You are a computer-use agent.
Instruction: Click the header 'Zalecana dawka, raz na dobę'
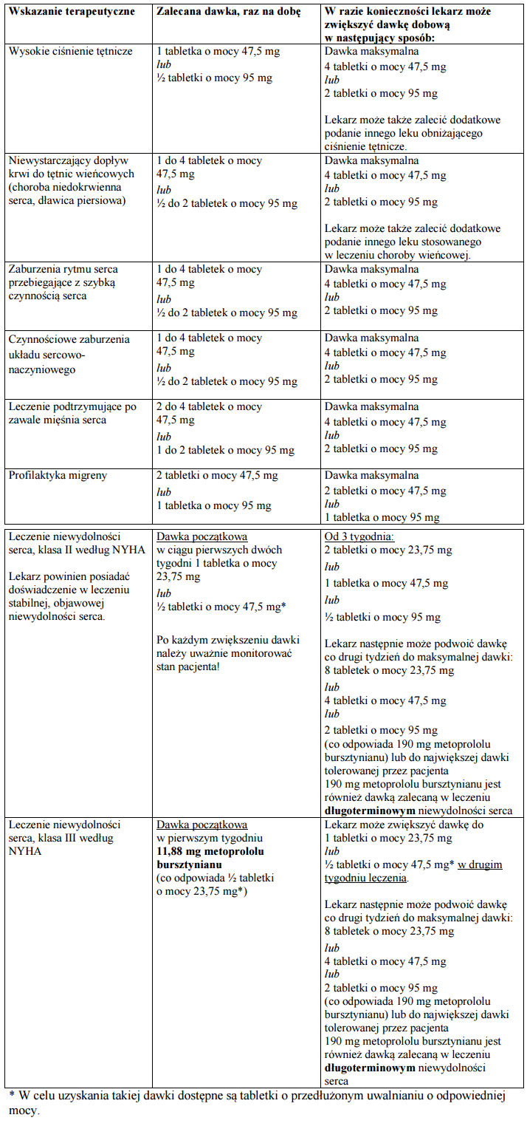pos(229,13)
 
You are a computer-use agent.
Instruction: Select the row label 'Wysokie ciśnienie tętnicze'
pos(71,51)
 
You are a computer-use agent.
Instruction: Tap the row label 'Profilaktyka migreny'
pos(58,475)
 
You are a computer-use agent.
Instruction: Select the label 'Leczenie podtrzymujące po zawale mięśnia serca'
pos(72,413)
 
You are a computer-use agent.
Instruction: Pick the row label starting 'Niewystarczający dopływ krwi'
pos(71,180)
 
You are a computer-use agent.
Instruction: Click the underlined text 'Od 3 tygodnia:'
pos(359,536)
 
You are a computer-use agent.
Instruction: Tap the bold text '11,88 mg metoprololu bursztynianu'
pos(214,857)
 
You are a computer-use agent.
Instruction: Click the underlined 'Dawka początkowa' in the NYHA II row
pos(201,536)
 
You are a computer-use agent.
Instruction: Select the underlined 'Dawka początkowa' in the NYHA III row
pos(201,824)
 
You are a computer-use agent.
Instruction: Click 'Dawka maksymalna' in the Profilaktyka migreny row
pos(371,475)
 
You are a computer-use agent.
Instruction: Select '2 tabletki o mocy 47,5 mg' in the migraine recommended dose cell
pos(217,475)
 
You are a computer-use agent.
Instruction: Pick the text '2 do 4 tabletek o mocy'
pos(209,406)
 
